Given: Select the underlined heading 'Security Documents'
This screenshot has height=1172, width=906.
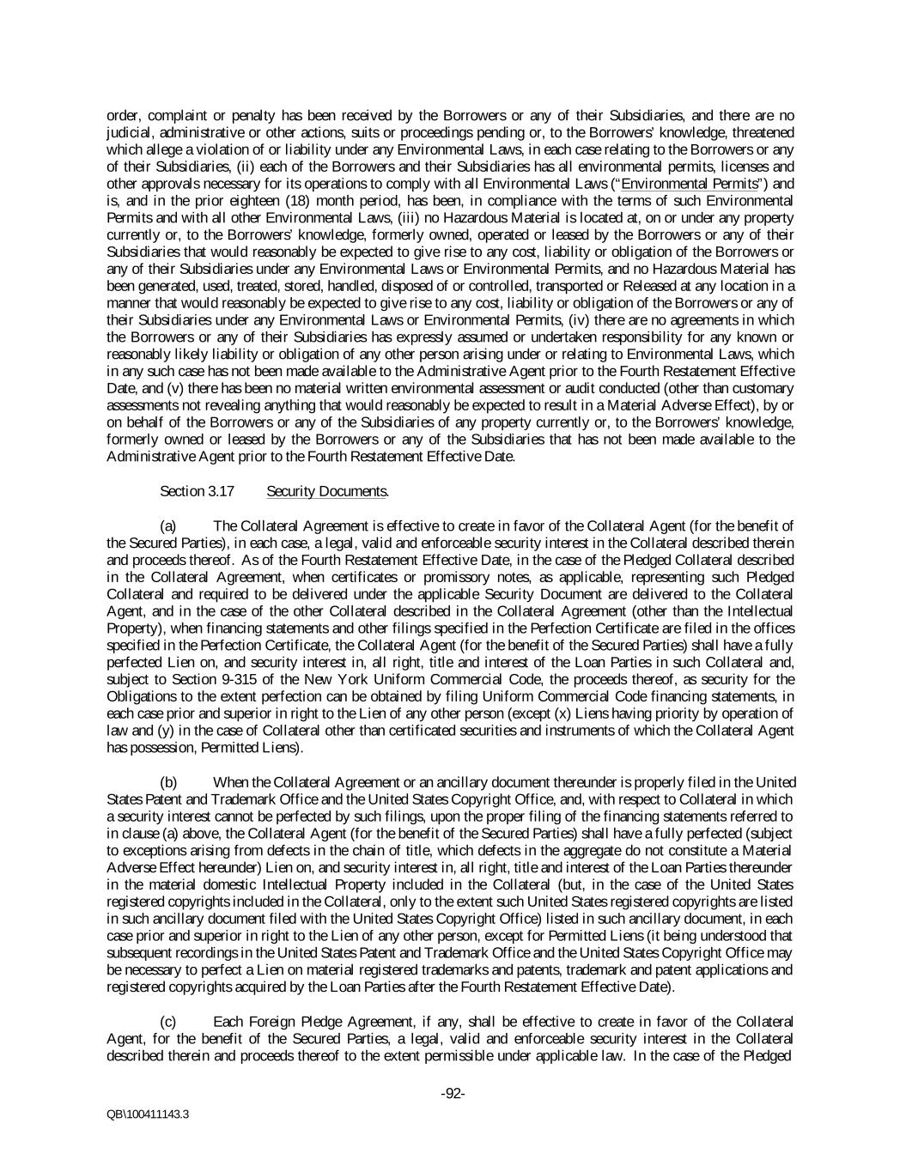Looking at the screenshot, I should (326, 491).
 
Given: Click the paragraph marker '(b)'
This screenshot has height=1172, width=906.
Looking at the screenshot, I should (169, 782).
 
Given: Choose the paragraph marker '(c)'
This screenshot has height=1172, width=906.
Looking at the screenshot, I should (169, 1022).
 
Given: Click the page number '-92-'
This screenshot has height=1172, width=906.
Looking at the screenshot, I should (453, 1094).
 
